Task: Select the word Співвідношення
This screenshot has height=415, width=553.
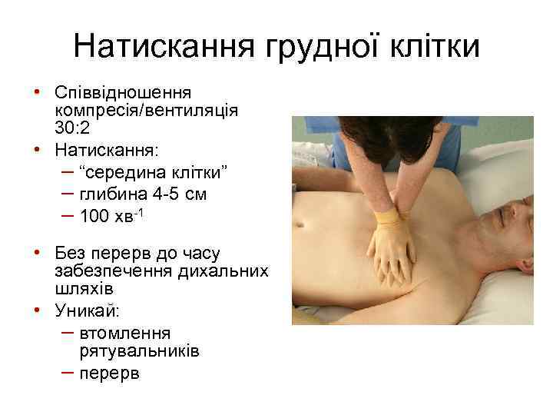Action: point(127,92)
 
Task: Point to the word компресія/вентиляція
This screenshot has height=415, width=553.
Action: point(146,110)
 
